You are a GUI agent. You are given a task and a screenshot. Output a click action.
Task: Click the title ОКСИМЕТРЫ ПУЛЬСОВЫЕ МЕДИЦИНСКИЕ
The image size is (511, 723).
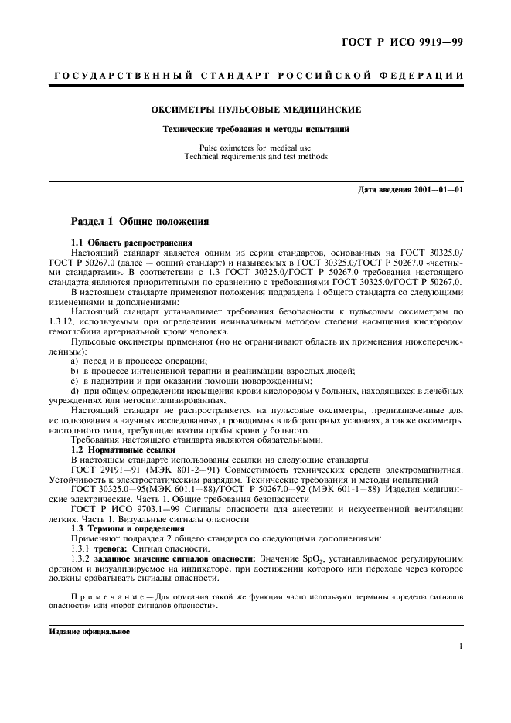coord(255,110)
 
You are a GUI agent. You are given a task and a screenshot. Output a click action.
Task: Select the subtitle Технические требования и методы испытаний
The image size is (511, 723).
coord(255,129)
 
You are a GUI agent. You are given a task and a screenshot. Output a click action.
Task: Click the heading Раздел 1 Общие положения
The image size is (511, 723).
coord(140,220)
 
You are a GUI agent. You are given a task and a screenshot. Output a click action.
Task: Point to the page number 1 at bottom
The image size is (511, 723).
coord(461,647)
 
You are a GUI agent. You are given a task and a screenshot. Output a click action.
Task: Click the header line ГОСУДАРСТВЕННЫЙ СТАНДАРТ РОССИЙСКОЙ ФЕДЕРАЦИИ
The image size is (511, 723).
coord(255,76)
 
